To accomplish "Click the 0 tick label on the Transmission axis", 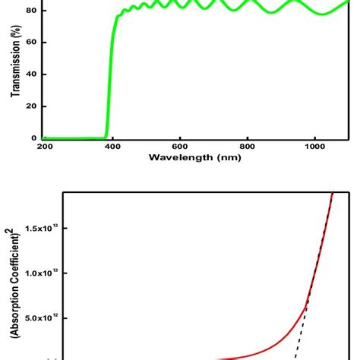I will tap(33, 138).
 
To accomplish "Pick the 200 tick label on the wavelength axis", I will tap(45, 147).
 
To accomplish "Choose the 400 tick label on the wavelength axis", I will tap(112, 147).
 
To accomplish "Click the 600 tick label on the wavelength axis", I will tap(180, 147).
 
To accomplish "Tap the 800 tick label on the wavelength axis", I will tap(248, 147).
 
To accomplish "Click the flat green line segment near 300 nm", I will tap(76, 138).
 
